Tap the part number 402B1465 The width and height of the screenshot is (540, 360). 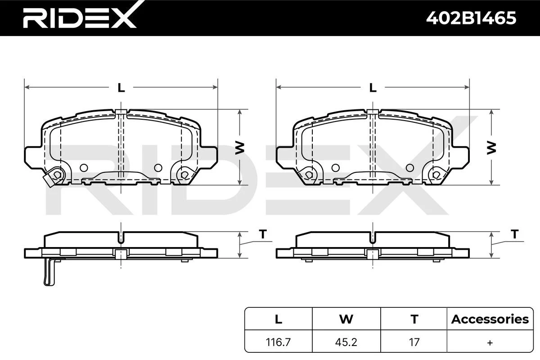click(471, 18)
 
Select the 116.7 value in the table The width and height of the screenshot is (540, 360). click(278, 342)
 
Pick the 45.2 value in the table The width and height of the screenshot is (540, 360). click(346, 342)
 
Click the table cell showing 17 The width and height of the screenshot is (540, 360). click(414, 342)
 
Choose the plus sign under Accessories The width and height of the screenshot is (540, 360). click(490, 342)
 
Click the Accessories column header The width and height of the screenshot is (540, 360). click(490, 319)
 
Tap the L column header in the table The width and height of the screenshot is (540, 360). click(279, 319)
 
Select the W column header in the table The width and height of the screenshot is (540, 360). click(346, 319)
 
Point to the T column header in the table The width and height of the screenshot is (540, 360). click(414, 319)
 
